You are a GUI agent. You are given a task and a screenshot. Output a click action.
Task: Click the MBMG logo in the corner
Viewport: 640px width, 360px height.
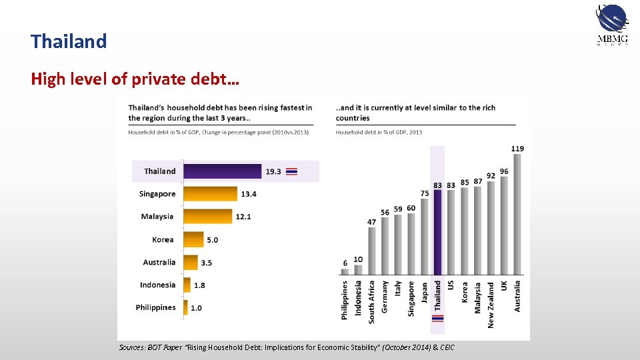[611, 25]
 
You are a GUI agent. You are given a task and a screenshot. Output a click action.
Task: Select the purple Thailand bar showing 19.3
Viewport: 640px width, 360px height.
[223, 171]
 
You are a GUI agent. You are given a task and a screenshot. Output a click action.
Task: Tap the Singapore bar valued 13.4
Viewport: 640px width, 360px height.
[210, 194]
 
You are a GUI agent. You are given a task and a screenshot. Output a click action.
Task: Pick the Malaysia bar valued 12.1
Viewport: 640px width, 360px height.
[207, 217]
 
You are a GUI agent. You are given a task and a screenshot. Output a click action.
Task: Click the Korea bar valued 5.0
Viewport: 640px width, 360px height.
[193, 239]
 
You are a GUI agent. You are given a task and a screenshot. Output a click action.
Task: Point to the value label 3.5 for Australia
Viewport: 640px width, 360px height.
[207, 263]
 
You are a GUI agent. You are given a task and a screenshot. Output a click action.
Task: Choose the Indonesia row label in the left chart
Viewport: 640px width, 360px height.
[158, 285]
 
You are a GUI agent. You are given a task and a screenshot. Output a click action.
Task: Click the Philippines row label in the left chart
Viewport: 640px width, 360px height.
[155, 307]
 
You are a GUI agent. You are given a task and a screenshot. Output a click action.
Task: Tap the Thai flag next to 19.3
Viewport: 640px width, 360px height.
[291, 171]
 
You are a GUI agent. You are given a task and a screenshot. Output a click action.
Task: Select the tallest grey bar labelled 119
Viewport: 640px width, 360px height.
[518, 214]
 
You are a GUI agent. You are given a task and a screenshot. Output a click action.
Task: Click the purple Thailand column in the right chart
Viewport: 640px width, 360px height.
[438, 232]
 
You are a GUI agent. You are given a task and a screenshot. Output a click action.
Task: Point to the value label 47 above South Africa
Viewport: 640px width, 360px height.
[372, 222]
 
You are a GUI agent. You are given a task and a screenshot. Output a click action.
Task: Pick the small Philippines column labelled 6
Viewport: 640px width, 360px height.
[345, 271]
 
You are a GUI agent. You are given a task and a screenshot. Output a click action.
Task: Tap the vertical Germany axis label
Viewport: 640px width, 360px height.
[385, 296]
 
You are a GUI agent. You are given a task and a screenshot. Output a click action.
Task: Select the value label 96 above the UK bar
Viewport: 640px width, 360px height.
[504, 171]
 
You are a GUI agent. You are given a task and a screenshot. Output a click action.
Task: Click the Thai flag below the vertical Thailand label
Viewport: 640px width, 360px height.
[438, 319]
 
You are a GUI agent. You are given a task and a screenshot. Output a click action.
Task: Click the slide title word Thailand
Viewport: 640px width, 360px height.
[69, 41]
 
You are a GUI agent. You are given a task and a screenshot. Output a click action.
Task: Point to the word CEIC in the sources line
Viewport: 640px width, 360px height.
[446, 348]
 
